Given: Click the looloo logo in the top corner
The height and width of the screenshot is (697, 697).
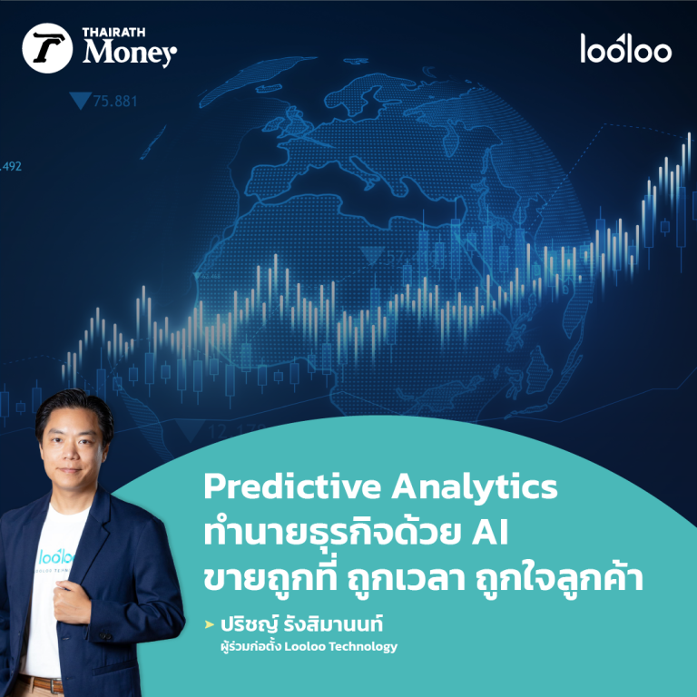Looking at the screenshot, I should (625, 48).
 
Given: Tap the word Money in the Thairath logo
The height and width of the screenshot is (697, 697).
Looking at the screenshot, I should (129, 54).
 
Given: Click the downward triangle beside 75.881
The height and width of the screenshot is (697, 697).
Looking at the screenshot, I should (87, 101).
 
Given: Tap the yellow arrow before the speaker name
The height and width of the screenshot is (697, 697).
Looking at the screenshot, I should (211, 625).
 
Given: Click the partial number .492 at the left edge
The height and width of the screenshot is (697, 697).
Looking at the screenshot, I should (11, 166).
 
